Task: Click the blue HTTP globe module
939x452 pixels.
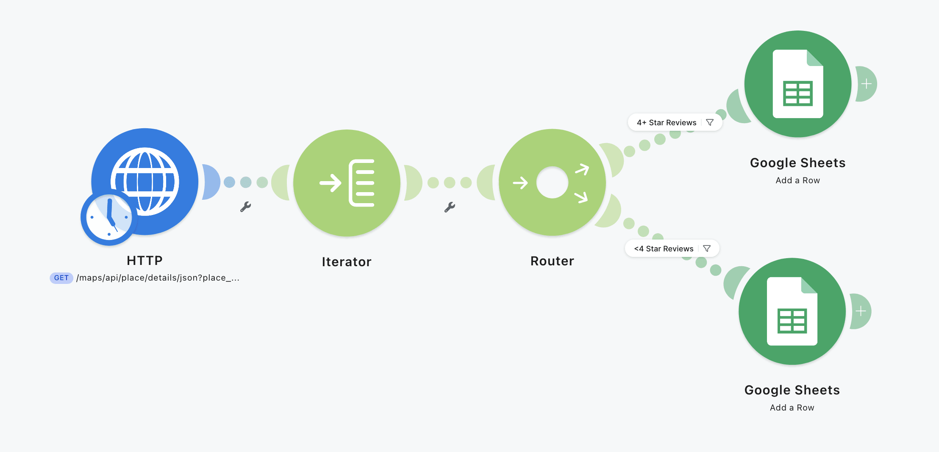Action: tap(145, 182)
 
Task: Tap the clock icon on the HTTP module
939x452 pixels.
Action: tap(109, 218)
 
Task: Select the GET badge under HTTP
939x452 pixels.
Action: tap(61, 278)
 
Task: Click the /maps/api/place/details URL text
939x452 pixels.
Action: tap(158, 278)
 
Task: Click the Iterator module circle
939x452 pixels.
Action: tap(347, 183)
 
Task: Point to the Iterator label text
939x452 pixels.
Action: tap(347, 262)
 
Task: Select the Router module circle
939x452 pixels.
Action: tap(552, 182)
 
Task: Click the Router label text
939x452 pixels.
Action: tap(552, 261)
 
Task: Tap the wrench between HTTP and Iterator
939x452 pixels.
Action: tap(246, 207)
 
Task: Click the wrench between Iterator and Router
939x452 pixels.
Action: tap(450, 207)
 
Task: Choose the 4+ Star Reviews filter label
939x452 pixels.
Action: tap(667, 123)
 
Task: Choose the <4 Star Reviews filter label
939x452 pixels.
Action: tap(664, 249)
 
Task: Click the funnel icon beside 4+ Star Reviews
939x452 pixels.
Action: tap(710, 122)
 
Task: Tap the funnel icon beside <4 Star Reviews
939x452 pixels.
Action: tap(707, 248)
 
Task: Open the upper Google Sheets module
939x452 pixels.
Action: tap(798, 84)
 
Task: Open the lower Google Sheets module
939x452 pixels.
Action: tap(792, 311)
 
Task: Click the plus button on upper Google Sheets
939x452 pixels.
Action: tap(866, 84)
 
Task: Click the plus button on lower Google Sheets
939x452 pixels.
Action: tap(861, 311)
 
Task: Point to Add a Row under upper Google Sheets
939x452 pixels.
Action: tap(798, 181)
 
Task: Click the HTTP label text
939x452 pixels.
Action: tap(145, 261)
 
